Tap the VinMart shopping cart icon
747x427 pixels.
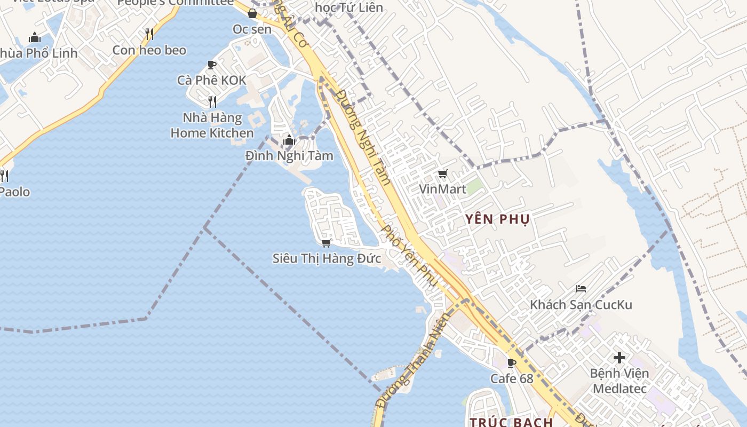442,174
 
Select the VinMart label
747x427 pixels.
442,189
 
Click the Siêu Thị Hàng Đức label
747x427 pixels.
327,259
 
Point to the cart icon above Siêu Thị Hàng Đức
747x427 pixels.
327,243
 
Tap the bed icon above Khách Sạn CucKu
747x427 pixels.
581,289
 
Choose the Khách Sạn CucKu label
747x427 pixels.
581,305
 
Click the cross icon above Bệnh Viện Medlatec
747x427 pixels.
619,357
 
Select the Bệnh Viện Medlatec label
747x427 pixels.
619,381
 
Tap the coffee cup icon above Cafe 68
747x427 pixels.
512,363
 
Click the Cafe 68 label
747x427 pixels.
512,378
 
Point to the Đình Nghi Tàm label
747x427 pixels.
289,156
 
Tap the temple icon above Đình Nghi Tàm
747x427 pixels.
289,140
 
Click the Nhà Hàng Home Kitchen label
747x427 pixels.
212,125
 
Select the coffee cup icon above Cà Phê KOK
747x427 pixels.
212,65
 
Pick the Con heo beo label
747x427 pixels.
149,50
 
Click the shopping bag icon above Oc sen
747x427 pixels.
252,13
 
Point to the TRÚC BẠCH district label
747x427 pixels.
511,422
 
